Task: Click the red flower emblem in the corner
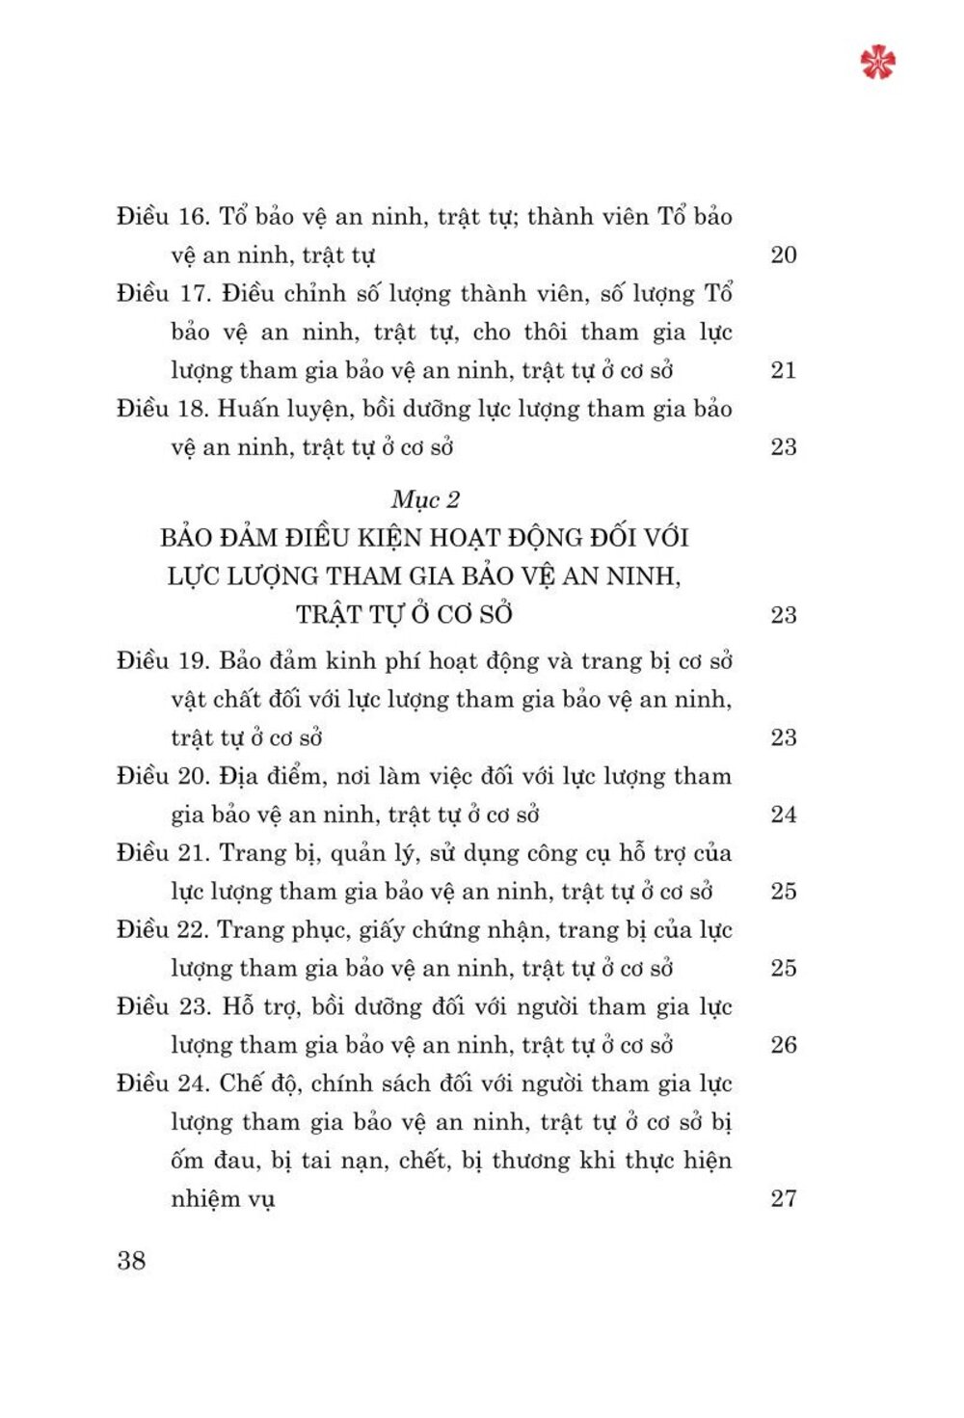point(877,62)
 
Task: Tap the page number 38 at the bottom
point(131,1260)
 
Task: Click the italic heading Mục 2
point(425,499)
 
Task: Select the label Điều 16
point(162,217)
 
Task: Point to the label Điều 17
point(162,294)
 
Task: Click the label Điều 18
point(162,409)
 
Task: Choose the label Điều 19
point(162,661)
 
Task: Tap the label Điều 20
point(162,776)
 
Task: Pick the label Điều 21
point(162,853)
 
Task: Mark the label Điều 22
point(162,930)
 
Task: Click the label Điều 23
point(162,1007)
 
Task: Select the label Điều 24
point(162,1084)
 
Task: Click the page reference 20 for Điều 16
point(784,255)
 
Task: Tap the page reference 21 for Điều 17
point(784,370)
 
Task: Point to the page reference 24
point(784,815)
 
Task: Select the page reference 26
point(784,1045)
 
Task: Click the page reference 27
point(784,1198)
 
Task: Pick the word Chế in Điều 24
point(241,1084)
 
